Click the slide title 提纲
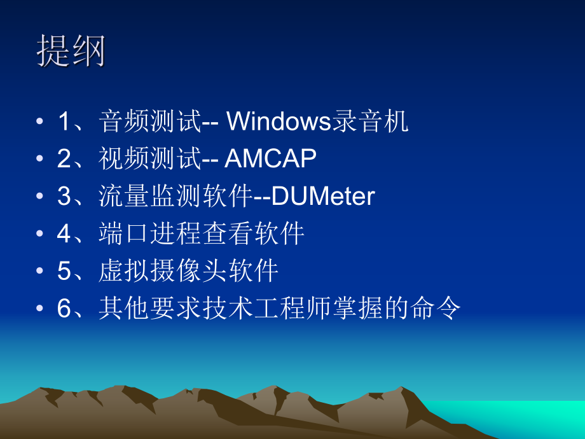point(71,50)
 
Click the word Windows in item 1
point(279,122)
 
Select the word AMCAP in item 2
point(271,159)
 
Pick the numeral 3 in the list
point(64,197)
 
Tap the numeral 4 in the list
point(64,235)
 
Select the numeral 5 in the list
point(64,272)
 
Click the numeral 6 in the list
point(64,310)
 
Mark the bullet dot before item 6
point(40,310)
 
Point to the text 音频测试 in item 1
point(150,122)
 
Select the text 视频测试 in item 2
point(150,159)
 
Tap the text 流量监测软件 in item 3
point(175,197)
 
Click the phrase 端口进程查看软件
point(202,234)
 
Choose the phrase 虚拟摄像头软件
point(189,272)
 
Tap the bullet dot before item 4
point(40,235)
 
